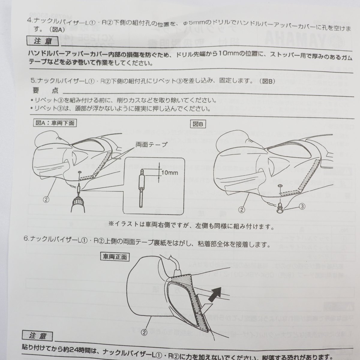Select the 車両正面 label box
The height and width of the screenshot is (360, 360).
tap(115, 256)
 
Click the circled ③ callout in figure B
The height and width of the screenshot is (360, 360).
tap(302, 206)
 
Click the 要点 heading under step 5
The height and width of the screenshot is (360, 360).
tap(45, 90)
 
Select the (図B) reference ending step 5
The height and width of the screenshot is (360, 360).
tap(266, 81)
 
